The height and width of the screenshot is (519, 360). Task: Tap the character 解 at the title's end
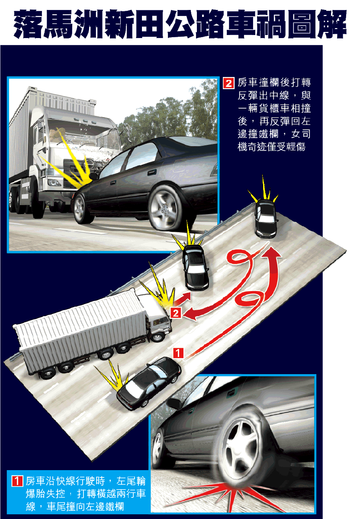[x=332, y=24]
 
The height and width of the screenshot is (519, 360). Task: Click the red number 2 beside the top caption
[x=228, y=83]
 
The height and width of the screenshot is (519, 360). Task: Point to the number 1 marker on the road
[x=178, y=353]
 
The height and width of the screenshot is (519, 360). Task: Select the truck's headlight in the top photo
[x=54, y=183]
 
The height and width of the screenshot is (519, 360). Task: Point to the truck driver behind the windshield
[x=56, y=135]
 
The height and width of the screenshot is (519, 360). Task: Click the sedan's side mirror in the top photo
[x=93, y=176]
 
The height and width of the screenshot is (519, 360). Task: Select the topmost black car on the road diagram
[x=266, y=219]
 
